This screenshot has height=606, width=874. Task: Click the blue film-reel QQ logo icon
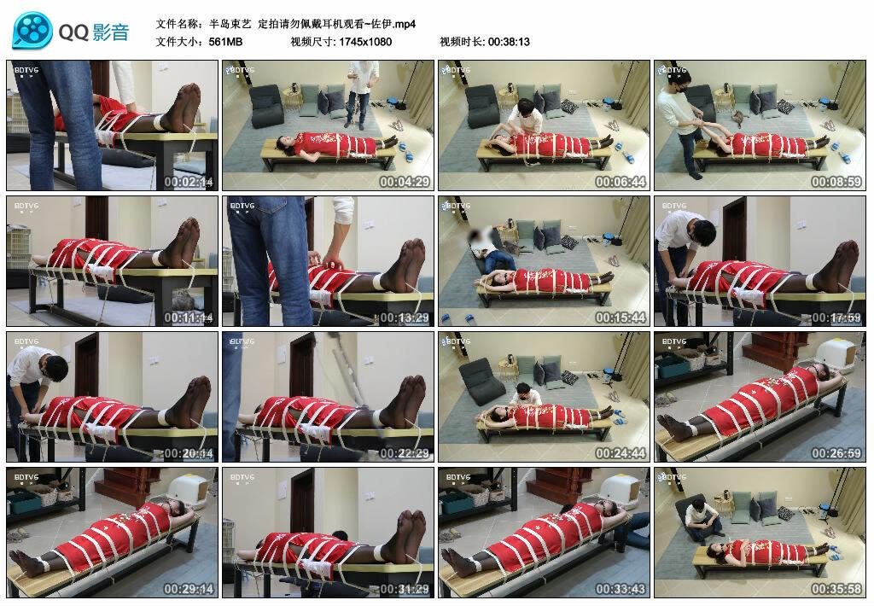pos(32,31)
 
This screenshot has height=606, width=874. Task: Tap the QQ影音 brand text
pos(94,32)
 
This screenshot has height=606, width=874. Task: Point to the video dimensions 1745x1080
pos(365,41)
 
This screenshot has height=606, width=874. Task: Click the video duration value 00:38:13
pos(509,41)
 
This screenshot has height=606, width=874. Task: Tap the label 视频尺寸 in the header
pos(312,41)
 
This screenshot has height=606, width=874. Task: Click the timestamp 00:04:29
pos(405,182)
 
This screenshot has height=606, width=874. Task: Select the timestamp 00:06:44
pos(621,182)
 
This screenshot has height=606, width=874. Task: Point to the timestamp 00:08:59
pos(836,182)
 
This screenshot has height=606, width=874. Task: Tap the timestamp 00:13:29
pos(405,318)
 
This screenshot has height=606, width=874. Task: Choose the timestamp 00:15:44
pos(621,318)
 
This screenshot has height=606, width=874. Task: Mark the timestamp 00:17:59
pos(836,318)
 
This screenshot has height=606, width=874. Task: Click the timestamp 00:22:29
pos(405,453)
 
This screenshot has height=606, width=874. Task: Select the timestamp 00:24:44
pos(621,453)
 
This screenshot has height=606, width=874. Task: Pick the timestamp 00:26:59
pos(836,453)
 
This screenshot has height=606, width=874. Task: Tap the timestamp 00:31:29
pos(405,589)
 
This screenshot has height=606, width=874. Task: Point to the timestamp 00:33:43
pos(621,589)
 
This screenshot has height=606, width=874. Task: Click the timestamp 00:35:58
pos(836,589)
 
